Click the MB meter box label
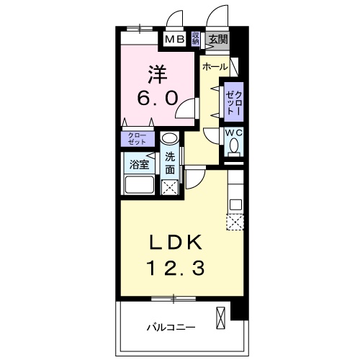175,39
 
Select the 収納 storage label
196,38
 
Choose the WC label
234,132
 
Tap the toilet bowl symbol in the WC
234,147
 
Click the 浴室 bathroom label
138,164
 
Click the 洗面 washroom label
170,163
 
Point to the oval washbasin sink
168,140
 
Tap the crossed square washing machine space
170,189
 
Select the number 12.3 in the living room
177,269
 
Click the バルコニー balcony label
171,326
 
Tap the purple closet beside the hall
233,102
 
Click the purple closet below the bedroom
136,139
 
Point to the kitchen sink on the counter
236,204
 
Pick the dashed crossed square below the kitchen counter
236,222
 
